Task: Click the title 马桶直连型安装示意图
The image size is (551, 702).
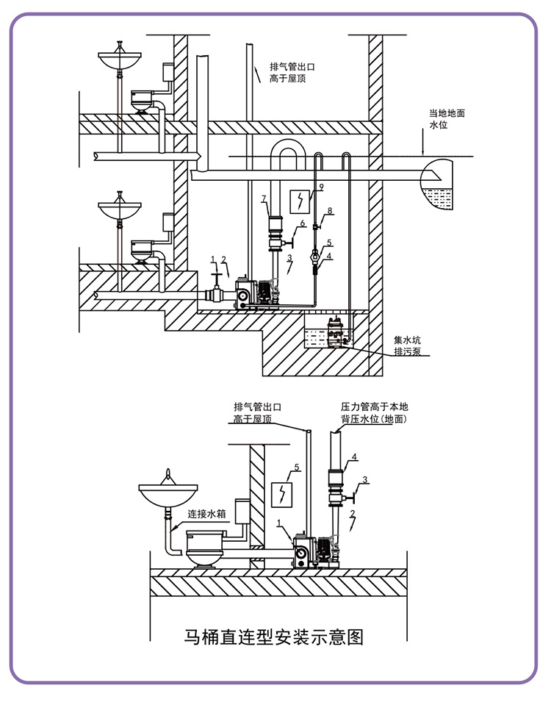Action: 273,637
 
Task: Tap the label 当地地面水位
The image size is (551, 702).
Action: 447,119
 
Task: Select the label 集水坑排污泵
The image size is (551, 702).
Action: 407,345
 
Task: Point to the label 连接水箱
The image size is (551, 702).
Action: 206,514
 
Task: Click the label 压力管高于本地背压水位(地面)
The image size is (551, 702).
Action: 374,413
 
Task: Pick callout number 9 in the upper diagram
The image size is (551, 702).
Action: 321,187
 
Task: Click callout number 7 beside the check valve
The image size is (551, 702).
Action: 264,198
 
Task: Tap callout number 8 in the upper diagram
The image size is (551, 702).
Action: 330,211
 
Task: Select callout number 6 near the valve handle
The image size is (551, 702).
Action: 303,223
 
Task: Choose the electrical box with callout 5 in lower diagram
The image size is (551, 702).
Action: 281,494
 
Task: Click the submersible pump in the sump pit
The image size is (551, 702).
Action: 336,332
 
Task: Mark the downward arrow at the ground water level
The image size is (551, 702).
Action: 423,143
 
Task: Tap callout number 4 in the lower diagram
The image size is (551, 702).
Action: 354,457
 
